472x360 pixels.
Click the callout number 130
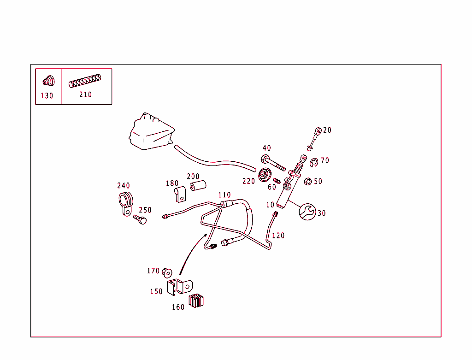click(x=47, y=96)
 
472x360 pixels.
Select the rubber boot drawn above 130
click(x=48, y=80)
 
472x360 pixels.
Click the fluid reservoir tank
click(x=151, y=132)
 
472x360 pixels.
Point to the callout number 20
click(x=327, y=130)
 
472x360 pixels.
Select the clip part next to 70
click(x=313, y=163)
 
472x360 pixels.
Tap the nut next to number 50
click(x=308, y=181)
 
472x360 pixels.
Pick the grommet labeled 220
click(x=265, y=176)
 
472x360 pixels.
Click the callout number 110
click(x=224, y=195)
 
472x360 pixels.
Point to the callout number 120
click(x=278, y=236)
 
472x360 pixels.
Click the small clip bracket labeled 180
click(x=180, y=194)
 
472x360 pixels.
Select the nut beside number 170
click(x=167, y=272)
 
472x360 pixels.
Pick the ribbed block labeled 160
click(x=196, y=301)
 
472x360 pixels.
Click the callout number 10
click(x=270, y=205)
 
